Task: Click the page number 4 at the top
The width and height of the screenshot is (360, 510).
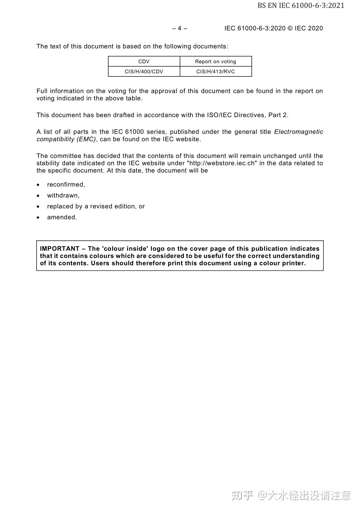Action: click(x=179, y=28)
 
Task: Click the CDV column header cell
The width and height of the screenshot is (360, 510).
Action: click(x=144, y=61)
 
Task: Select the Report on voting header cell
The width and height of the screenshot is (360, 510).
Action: click(x=215, y=61)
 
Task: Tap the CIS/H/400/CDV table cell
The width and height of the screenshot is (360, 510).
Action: click(x=144, y=71)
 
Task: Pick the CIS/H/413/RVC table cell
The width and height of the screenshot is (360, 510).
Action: click(x=215, y=71)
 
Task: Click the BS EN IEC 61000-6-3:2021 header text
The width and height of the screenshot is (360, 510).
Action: click(x=301, y=6)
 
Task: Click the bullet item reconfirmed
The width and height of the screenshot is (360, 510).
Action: click(x=66, y=185)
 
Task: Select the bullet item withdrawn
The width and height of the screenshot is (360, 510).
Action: click(x=63, y=195)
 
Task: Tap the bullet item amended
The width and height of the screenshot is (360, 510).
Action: click(x=62, y=217)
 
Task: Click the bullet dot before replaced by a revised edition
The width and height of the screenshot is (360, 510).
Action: click(x=38, y=207)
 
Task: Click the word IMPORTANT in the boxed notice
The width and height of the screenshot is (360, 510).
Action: click(x=60, y=248)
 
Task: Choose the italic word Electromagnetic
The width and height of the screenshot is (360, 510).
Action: click(x=298, y=132)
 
